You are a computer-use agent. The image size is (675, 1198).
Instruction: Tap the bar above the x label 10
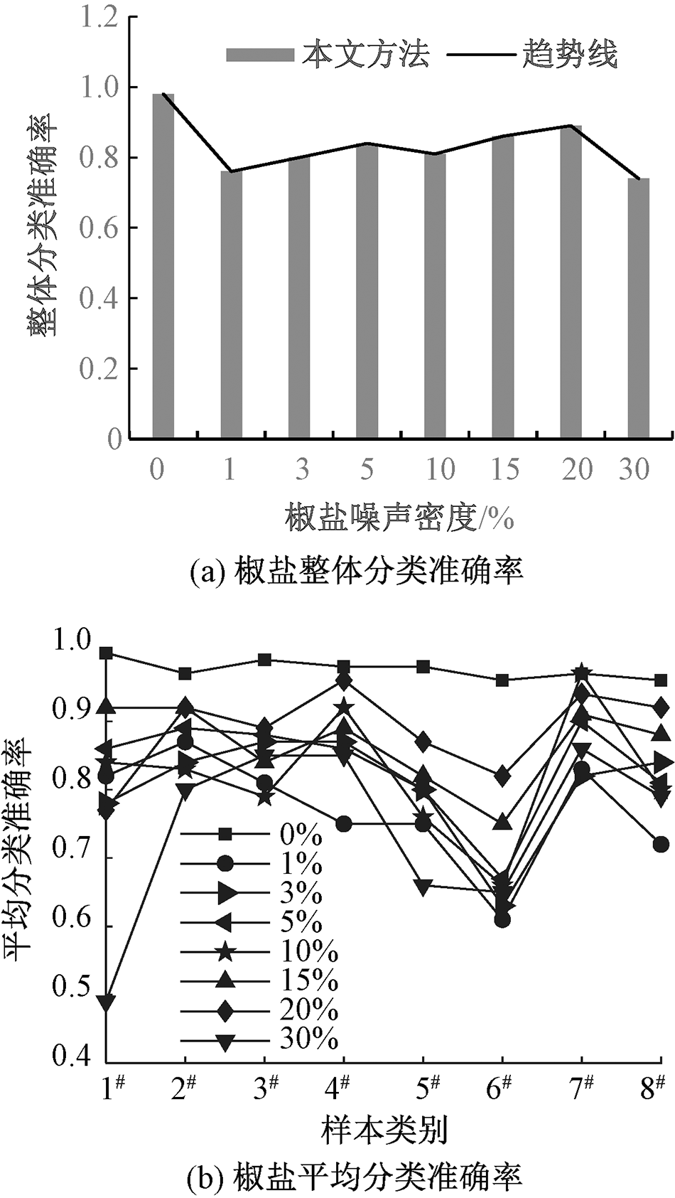(x=435, y=295)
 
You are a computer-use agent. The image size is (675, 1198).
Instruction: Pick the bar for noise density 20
(x=571, y=282)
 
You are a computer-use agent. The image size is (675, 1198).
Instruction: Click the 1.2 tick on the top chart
(x=99, y=18)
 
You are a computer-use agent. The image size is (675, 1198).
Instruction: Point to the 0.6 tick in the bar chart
(x=99, y=228)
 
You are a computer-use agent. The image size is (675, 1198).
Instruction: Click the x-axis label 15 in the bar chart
(x=504, y=469)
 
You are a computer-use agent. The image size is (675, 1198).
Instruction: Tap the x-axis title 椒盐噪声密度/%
(x=399, y=518)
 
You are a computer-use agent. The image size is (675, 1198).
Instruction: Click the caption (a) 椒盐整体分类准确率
(x=357, y=569)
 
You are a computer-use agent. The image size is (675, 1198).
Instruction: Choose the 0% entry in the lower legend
(x=298, y=834)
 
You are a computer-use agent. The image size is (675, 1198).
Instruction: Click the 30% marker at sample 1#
(x=107, y=1003)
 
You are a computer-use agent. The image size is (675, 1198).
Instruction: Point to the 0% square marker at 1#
(x=107, y=653)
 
